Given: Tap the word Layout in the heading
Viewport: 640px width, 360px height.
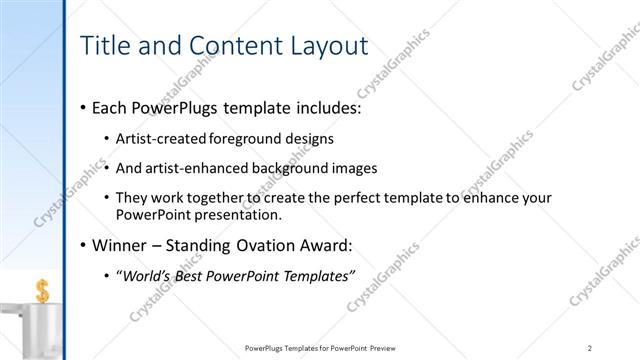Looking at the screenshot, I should coord(324,46).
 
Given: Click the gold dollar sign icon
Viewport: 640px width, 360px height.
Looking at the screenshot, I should coord(42,291).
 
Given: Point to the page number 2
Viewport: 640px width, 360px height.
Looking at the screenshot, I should coord(590,348).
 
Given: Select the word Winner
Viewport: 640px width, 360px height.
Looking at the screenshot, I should coord(119,245).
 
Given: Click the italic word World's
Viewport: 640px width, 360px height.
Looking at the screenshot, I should coord(148,276).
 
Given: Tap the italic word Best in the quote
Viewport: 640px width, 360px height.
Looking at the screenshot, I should coord(197,276).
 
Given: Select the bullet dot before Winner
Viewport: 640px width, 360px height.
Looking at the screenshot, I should coord(81,245).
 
